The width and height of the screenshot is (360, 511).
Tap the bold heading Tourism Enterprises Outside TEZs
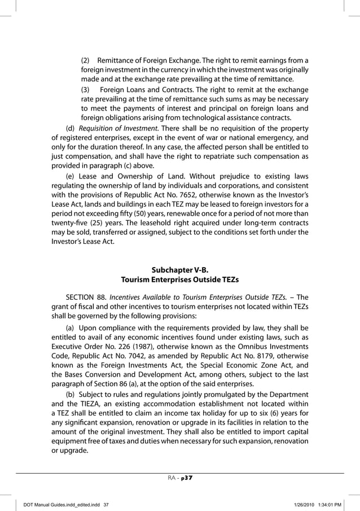(180, 279)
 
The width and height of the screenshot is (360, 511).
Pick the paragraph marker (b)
(71, 394)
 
